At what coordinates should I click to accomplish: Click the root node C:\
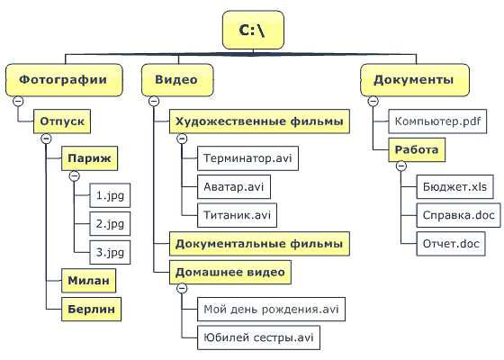[253, 30]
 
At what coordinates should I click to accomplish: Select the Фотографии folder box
[64, 80]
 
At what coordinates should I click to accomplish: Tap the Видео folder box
[177, 80]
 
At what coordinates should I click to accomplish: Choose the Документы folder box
[415, 80]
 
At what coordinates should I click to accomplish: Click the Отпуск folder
[62, 121]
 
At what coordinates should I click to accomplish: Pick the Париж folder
[90, 158]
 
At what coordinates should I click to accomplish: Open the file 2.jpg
[110, 224]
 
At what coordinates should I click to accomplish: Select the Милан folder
[89, 281]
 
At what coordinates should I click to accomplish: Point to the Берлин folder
[91, 310]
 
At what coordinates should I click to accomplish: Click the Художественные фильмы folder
[259, 121]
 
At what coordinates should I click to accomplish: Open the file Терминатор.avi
[247, 158]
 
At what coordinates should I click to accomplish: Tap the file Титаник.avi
[237, 215]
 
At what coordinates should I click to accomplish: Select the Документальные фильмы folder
[259, 244]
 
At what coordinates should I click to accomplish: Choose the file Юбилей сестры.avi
[259, 337]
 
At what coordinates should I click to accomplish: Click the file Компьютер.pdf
[437, 121]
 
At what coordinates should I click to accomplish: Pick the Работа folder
[417, 149]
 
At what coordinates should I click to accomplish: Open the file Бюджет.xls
[454, 187]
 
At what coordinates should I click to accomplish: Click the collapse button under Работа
[401, 166]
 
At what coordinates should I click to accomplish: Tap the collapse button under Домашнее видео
[182, 288]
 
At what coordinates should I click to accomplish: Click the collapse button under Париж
[75, 175]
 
